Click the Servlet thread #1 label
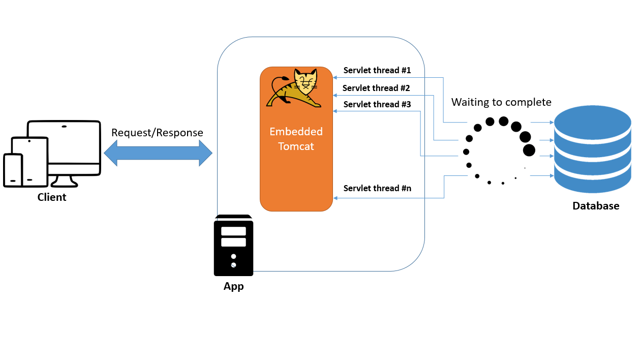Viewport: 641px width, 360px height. [x=377, y=70]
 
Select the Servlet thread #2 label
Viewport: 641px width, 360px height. [x=376, y=88]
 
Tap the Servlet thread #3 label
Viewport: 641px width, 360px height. [x=377, y=104]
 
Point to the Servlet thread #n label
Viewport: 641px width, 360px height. [x=377, y=188]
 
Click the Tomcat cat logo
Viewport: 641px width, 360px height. [x=295, y=88]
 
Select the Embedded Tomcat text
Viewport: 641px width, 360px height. [x=296, y=139]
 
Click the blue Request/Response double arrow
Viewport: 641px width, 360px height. [x=158, y=152]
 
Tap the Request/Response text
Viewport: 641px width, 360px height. [x=157, y=133]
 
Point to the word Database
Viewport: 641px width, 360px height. [x=595, y=206]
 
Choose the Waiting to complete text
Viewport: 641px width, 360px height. [x=501, y=102]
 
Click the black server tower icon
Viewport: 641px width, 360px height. [x=233, y=245]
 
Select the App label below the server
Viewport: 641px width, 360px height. [x=233, y=286]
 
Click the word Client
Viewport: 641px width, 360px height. [x=52, y=197]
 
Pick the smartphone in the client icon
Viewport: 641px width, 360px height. [x=13, y=170]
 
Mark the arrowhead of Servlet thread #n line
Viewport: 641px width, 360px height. [x=335, y=198]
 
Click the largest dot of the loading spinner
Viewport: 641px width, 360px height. [x=529, y=150]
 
